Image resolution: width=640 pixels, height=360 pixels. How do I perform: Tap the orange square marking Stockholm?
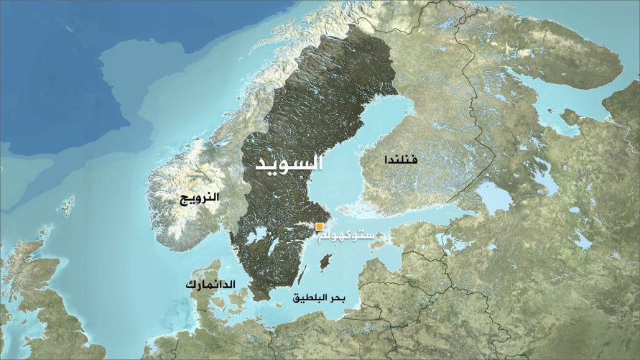[320, 227]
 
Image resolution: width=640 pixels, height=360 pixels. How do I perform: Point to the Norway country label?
[200, 196]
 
